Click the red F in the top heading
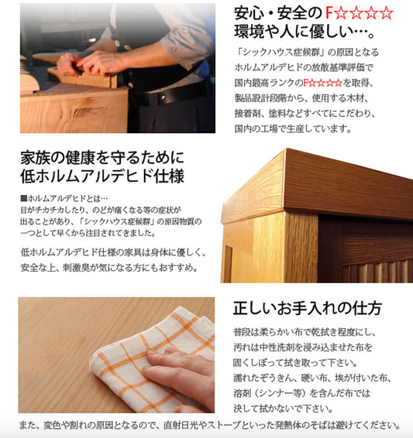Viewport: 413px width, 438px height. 330,13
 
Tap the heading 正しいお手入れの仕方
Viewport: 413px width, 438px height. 308,309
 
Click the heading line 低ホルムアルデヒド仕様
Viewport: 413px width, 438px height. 102,176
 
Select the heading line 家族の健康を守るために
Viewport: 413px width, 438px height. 102,158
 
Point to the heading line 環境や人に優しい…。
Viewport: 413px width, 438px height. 305,32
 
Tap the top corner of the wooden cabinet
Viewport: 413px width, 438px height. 285,149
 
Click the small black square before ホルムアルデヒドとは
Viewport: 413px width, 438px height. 24,199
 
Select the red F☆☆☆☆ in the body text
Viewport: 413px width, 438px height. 323,83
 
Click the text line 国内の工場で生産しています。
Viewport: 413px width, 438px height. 293,128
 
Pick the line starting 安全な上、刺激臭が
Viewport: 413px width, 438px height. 109,268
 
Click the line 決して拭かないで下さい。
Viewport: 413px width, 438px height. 284,409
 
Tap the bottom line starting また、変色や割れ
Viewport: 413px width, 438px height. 210,426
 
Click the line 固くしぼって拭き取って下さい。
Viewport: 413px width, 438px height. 296,363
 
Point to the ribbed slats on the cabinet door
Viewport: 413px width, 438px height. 377,271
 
